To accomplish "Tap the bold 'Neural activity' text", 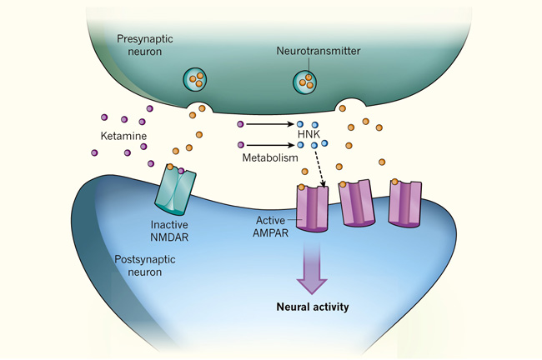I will [x=313, y=307].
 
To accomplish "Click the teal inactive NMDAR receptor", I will [x=174, y=191].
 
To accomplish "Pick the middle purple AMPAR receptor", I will [x=358, y=204].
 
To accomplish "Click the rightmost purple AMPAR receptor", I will [x=406, y=202].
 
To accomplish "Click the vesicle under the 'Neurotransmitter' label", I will [x=305, y=82].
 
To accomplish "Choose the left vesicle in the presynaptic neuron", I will [x=197, y=81].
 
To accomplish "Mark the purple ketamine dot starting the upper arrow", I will [x=240, y=124].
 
